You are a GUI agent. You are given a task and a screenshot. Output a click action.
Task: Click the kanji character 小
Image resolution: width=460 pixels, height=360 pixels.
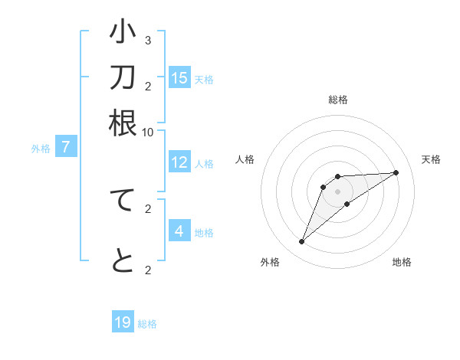tap(123, 33)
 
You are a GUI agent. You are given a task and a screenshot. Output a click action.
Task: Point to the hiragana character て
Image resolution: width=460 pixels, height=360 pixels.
tap(123, 200)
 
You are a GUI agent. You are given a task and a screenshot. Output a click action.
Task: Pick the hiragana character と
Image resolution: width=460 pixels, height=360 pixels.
tap(123, 261)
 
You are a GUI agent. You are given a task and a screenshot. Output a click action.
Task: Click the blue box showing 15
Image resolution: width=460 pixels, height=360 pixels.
tap(179, 78)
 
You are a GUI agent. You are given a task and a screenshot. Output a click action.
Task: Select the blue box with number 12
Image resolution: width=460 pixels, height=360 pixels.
tap(179, 162)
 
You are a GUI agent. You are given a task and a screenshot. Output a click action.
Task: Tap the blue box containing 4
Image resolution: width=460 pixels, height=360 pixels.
tap(179, 231)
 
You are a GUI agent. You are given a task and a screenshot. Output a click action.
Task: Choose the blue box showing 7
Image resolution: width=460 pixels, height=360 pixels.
tap(66, 147)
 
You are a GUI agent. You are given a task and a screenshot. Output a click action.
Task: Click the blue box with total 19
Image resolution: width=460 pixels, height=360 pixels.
tap(123, 322)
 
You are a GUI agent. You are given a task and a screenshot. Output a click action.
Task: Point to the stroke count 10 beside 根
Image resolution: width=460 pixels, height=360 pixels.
tap(147, 132)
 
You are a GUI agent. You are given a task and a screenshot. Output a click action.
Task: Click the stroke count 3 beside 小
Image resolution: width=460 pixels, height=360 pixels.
tap(147, 40)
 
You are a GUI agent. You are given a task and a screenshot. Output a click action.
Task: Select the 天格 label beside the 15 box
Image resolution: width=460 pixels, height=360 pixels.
tap(204, 79)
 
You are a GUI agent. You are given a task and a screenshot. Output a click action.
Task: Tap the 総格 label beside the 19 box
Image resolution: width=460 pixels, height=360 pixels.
tap(147, 323)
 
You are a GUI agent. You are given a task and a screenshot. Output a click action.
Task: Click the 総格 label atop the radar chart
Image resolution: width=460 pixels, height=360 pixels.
tap(338, 100)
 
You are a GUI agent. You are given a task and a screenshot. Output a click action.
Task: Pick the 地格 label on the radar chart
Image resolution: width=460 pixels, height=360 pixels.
tap(402, 263)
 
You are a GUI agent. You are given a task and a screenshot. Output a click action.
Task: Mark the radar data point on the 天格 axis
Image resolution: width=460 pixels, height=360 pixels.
tap(396, 172)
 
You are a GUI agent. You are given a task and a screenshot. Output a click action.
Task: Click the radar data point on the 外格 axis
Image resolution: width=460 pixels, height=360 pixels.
tap(301, 242)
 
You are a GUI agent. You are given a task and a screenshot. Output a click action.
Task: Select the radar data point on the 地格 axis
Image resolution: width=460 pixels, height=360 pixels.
tap(347, 204)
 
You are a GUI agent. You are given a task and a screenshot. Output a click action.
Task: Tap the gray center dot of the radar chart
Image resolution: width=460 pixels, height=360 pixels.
tap(338, 191)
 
